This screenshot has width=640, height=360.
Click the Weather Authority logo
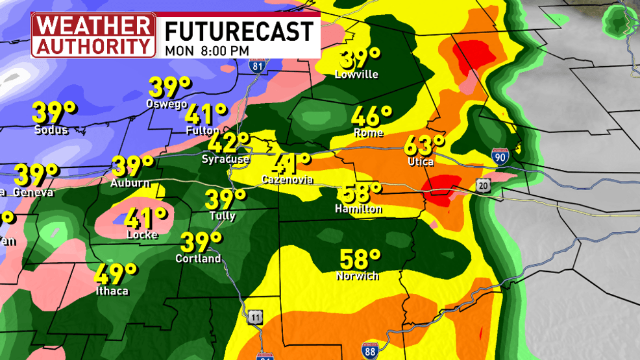[x=94, y=34]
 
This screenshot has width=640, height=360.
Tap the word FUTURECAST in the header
[x=238, y=30]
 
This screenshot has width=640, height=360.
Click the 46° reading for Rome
[x=371, y=116]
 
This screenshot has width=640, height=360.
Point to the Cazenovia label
[x=288, y=179]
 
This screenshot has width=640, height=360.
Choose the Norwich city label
[x=357, y=276]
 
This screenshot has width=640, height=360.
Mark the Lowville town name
[x=356, y=75]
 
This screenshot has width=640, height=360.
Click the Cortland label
[x=198, y=259]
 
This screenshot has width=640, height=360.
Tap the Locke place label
[x=142, y=235]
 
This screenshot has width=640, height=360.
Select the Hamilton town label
[x=358, y=209]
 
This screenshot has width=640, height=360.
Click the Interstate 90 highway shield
[x=500, y=156]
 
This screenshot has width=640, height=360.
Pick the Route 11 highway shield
[x=256, y=317]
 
